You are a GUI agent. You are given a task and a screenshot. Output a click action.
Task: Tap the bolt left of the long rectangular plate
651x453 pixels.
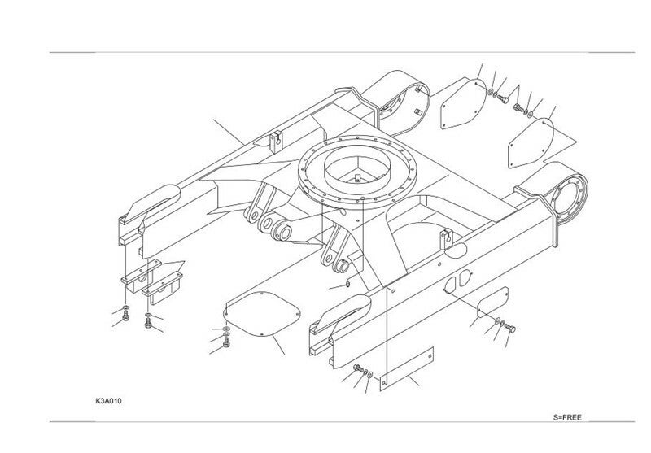tap(357, 371)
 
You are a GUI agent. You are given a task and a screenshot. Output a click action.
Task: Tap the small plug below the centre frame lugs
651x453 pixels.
tap(347, 285)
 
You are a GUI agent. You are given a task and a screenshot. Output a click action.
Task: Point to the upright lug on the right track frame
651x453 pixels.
tap(444, 239)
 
